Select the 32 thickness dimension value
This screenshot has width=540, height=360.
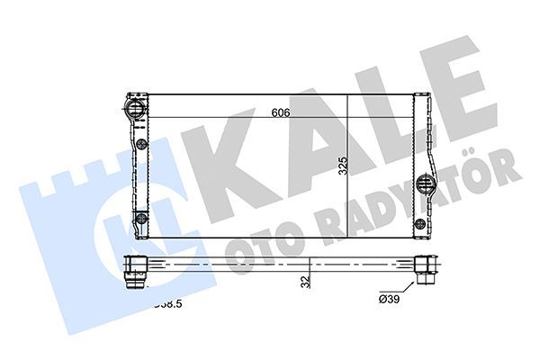tap(306, 282)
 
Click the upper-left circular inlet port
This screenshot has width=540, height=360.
tap(135, 111)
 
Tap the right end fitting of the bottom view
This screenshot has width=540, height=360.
tap(425, 269)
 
